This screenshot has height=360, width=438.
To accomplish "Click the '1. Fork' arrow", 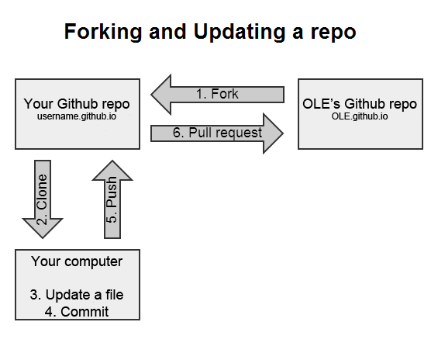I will click(x=217, y=94).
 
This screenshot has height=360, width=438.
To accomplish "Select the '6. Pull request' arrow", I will click(x=217, y=132).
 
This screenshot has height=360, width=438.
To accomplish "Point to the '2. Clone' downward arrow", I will click(x=43, y=198).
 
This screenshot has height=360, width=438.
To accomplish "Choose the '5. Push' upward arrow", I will click(x=112, y=198).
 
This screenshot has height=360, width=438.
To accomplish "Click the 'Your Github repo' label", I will click(x=77, y=104).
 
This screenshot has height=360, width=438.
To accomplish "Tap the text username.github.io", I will click(x=77, y=116).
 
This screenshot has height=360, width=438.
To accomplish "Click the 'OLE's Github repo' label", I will click(x=360, y=104).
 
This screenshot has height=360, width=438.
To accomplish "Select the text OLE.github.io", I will click(x=360, y=116).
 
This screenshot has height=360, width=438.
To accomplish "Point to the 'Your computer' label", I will click(x=77, y=261).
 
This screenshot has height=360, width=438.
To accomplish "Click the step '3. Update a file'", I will click(x=77, y=295).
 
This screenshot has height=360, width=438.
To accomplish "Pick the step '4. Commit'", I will click(x=77, y=311).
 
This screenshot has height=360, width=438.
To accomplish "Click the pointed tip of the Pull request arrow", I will click(x=281, y=132).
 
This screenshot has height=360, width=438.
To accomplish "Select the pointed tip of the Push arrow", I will click(x=112, y=161).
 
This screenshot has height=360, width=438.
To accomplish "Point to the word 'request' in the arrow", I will click(x=237, y=133).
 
